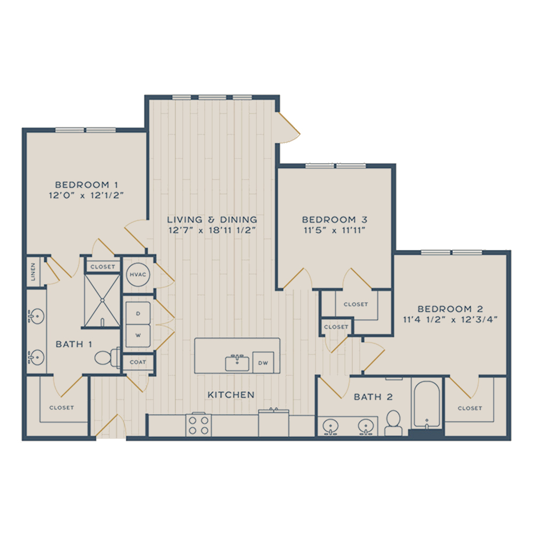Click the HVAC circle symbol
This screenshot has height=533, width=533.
point(138,274)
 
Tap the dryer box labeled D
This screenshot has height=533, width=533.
point(138,313)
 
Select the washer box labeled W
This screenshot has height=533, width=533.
point(138,335)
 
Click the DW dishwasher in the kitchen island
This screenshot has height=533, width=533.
point(263,362)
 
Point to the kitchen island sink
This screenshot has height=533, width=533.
point(237,363)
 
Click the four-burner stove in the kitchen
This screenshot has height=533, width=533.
point(198,425)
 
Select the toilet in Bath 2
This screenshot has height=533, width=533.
point(394,423)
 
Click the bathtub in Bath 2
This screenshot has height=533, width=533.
point(426,405)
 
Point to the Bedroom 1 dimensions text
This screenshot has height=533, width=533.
point(86,196)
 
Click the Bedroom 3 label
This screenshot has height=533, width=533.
point(335,220)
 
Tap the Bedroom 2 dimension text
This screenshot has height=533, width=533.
point(450,319)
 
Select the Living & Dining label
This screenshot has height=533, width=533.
point(212,220)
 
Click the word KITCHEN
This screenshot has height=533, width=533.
point(231,394)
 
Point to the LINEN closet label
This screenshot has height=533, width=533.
point(33,272)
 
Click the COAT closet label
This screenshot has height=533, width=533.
point(138,362)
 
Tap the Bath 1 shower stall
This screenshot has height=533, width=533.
point(102,301)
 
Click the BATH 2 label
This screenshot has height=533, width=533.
point(373,397)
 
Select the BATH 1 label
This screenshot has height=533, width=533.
point(74,344)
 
